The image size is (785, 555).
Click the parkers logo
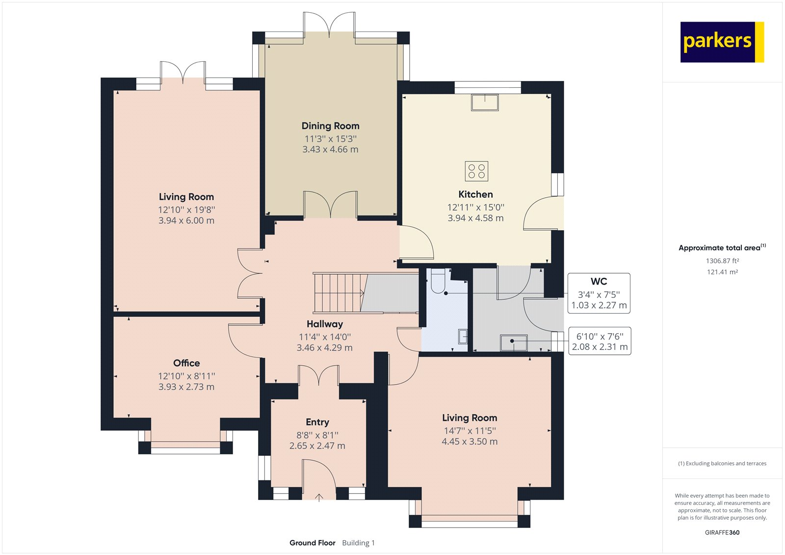pyautogui.click(x=722, y=42)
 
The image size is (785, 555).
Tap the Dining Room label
pyautogui.click(x=331, y=126)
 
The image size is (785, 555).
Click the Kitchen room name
pyautogui.click(x=475, y=194)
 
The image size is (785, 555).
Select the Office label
pyautogui.click(x=186, y=363)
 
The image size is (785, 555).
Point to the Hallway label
pyautogui.click(x=324, y=324)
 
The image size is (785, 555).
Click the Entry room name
pyautogui.click(x=317, y=422)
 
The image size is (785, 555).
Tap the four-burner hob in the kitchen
pyautogui.click(x=476, y=171)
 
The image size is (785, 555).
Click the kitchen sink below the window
pyautogui.click(x=485, y=103)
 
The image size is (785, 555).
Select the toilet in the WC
pyautogui.click(x=438, y=281)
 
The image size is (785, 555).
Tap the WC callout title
pyautogui.click(x=599, y=282)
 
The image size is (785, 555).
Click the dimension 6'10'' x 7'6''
pyautogui.click(x=600, y=337)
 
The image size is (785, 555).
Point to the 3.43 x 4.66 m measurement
pyautogui.click(x=331, y=149)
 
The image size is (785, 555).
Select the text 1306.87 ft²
pyautogui.click(x=722, y=261)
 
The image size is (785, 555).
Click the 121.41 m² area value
pyautogui.click(x=722, y=272)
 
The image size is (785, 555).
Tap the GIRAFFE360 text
pyautogui.click(x=722, y=532)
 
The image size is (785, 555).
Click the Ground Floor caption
pyautogui.click(x=312, y=543)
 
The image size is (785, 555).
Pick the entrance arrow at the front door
pyautogui.click(x=318, y=498)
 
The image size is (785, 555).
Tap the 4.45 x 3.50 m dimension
pyautogui.click(x=470, y=442)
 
